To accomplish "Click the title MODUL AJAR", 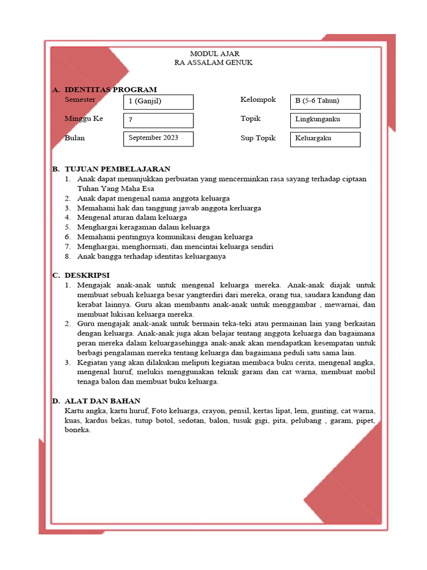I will coord(214,53).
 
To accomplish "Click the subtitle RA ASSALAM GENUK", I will coord(213,62).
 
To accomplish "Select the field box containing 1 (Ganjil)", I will coord(158,102).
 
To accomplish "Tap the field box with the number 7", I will coord(158,120).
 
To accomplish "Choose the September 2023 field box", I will coord(158,139).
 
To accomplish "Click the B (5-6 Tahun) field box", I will coord(325,102).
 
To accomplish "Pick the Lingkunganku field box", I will coord(325,120).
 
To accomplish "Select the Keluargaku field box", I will coord(325,139).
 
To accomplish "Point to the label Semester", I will coord(80,100).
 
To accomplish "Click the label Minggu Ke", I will coord(84,119).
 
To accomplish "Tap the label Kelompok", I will coord(258,100).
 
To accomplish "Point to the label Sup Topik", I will coord(258,138).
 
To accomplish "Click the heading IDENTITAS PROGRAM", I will coord(111,90).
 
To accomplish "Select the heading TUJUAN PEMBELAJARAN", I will coord(117,169).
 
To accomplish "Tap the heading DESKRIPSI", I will coord(87,275).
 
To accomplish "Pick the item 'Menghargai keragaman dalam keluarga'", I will coord(143,227).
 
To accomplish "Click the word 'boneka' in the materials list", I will coord(77,430).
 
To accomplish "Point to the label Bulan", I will coord(75,138).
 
